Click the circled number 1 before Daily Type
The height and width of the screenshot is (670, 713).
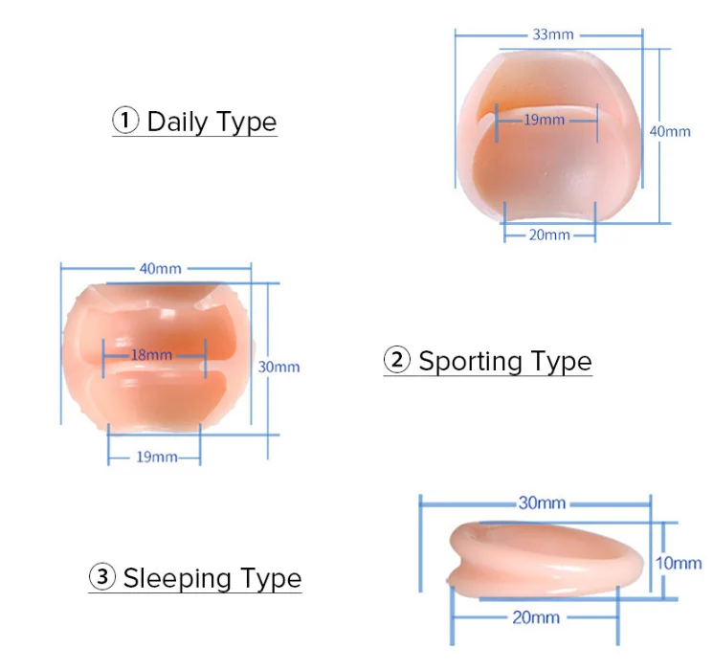point(125,122)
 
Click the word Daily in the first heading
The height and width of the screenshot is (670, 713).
point(176,122)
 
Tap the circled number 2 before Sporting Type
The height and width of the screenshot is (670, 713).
point(396,361)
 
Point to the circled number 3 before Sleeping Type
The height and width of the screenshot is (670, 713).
point(101,577)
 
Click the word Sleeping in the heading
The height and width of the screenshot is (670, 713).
point(177,578)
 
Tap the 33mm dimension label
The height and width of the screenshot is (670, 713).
point(553,34)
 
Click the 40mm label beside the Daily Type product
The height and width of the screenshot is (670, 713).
point(669,131)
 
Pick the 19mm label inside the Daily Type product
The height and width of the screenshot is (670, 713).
point(545,120)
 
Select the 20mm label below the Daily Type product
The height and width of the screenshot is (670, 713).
point(549,234)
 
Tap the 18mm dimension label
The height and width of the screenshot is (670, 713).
point(151,355)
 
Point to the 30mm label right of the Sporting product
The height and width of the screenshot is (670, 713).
point(279,367)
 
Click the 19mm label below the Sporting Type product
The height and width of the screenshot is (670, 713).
point(155,458)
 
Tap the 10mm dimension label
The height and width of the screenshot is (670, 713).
point(679,563)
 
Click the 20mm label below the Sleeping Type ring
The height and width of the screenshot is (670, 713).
point(535,618)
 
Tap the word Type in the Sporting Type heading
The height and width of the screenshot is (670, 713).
point(561,362)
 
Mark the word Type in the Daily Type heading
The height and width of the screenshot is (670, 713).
point(247,122)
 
